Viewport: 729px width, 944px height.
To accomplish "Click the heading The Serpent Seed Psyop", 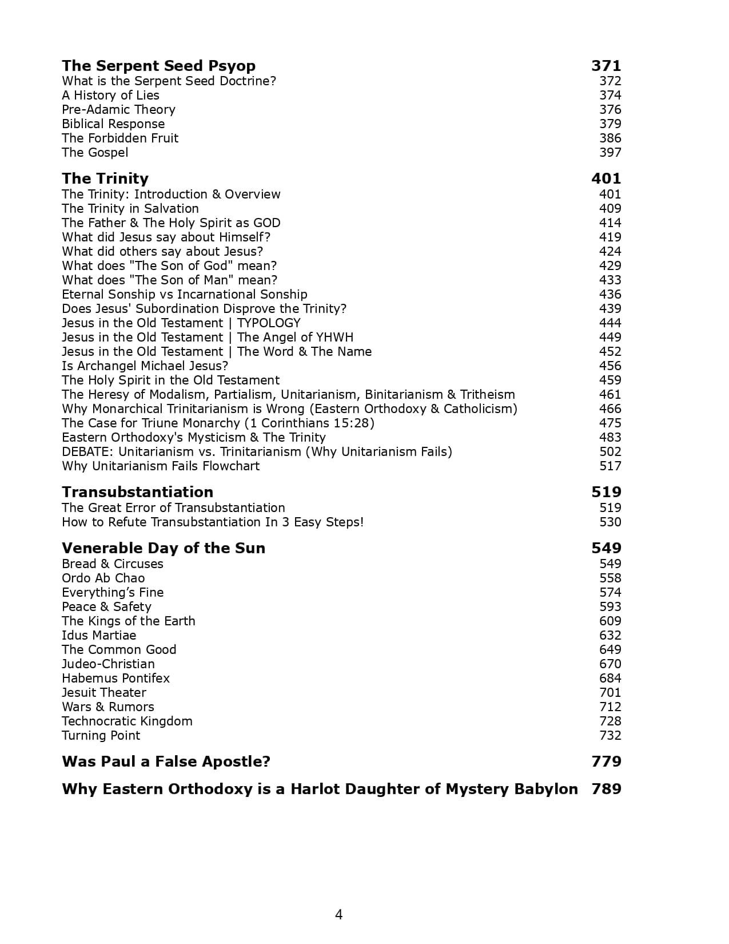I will pyautogui.click(x=158, y=66).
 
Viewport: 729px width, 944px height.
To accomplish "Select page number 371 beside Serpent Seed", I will pyautogui.click(x=605, y=66).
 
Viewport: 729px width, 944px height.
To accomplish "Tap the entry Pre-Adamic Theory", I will pyautogui.click(x=118, y=109).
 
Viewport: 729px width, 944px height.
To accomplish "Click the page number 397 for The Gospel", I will pyautogui.click(x=610, y=152).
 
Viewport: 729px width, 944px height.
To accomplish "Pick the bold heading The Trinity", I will pyautogui.click(x=105, y=179).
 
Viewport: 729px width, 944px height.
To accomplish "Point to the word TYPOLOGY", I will pyautogui.click(x=268, y=323).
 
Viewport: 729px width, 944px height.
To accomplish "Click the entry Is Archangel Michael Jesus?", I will pyautogui.click(x=145, y=366).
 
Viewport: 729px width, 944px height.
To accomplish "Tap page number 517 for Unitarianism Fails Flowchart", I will pyautogui.click(x=610, y=466).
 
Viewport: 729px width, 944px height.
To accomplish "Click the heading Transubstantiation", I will pyautogui.click(x=137, y=492).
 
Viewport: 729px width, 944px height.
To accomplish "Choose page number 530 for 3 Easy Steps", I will pyautogui.click(x=610, y=522).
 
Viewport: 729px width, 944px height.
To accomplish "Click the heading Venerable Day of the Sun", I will pyautogui.click(x=163, y=548).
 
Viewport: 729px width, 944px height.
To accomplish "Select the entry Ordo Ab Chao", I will pyautogui.click(x=103, y=578).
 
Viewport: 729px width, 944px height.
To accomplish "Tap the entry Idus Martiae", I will pyautogui.click(x=99, y=635).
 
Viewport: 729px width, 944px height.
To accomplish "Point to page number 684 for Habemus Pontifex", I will pyautogui.click(x=610, y=678).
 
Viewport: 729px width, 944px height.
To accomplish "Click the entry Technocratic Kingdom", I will pyautogui.click(x=127, y=721).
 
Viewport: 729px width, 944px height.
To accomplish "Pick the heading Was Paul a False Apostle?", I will pyautogui.click(x=166, y=761).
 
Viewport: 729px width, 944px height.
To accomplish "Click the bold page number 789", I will pyautogui.click(x=606, y=789).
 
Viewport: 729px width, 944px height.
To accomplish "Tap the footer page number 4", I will pyautogui.click(x=338, y=915).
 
